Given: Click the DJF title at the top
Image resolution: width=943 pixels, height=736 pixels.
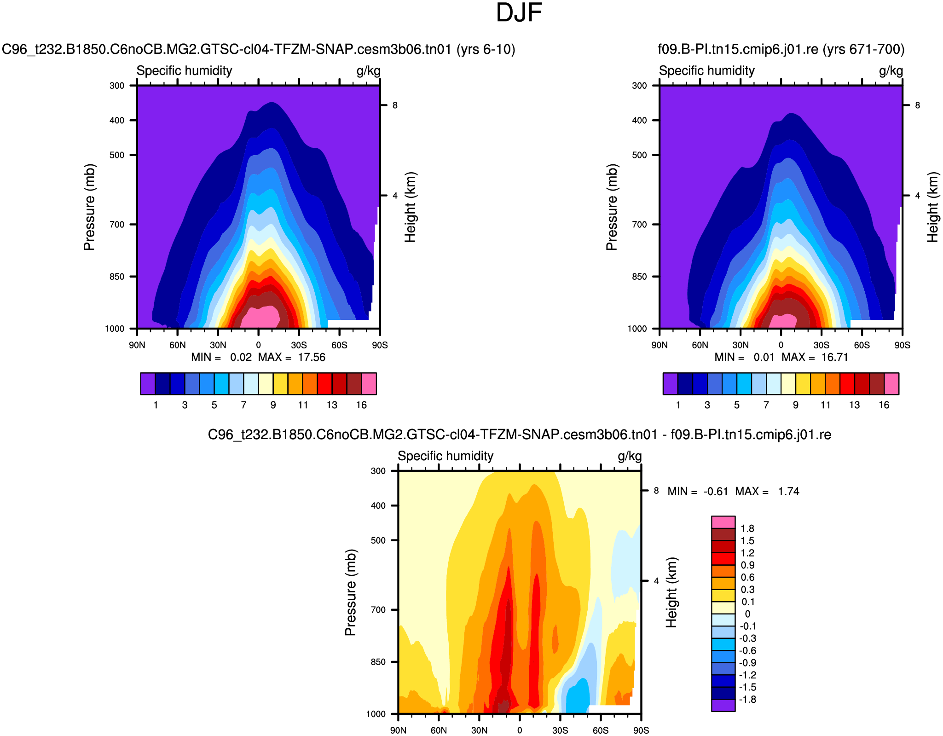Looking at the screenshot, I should [x=519, y=13].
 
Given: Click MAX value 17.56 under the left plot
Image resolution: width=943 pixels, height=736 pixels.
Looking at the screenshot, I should [x=312, y=358].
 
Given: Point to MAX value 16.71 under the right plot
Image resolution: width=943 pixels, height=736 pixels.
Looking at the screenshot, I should [x=834, y=358].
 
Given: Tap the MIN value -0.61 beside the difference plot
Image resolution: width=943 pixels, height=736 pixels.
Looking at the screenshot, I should [x=716, y=492].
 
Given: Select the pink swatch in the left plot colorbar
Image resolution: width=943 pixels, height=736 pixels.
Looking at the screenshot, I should [x=369, y=384].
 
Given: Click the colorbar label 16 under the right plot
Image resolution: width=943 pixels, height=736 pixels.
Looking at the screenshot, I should [x=884, y=405].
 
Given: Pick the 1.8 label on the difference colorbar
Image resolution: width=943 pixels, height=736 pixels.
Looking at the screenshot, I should [x=747, y=528].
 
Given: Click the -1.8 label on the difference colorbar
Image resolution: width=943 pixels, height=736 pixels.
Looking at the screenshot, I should [x=747, y=700].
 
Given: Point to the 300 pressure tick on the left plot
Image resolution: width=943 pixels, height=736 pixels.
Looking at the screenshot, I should [x=117, y=86].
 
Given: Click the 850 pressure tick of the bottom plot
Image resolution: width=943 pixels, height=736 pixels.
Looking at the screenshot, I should [x=378, y=662].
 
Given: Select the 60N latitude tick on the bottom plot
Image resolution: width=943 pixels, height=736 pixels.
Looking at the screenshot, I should [x=439, y=730].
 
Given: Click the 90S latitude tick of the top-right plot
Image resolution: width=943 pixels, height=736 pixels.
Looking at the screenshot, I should [x=902, y=345].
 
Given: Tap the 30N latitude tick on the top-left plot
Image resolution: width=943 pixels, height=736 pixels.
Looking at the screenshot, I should [x=218, y=345].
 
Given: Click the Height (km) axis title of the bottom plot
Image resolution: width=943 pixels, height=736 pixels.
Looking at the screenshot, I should [x=671, y=592].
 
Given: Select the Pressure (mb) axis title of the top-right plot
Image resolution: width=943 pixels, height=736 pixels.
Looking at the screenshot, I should [x=611, y=207].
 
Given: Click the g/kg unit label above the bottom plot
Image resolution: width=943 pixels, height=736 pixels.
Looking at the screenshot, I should [x=629, y=456].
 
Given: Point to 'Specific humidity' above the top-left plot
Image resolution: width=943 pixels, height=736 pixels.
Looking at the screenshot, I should [x=184, y=71].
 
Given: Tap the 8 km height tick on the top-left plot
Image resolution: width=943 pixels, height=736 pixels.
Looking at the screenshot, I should [x=395, y=105].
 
